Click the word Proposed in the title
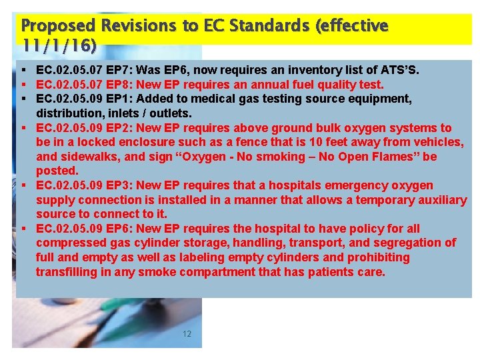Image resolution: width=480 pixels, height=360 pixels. click(59, 26)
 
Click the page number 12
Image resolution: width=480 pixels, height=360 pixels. click(187, 333)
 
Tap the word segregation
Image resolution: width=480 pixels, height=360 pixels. click(408, 243)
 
